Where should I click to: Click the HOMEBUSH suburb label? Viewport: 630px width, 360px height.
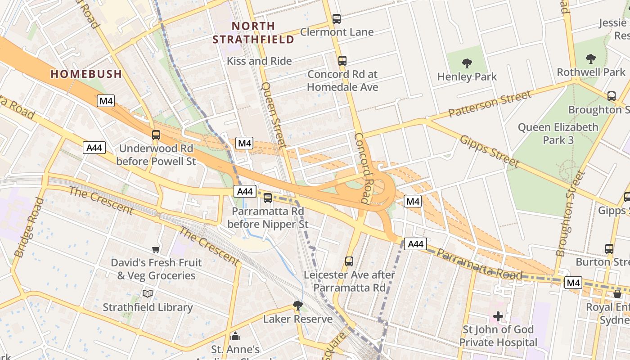(x=86, y=74)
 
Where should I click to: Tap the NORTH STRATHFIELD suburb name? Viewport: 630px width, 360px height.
(x=253, y=33)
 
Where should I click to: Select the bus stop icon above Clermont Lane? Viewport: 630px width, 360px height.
(x=336, y=19)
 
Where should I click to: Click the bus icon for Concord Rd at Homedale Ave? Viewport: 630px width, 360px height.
(x=342, y=61)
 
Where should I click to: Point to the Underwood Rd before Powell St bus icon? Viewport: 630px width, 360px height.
(x=156, y=135)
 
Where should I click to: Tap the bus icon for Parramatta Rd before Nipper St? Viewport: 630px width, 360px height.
(x=268, y=198)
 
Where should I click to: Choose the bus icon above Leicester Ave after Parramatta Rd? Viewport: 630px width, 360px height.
(x=349, y=261)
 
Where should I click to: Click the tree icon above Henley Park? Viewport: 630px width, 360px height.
(x=467, y=64)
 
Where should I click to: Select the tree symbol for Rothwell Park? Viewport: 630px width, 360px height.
(x=590, y=59)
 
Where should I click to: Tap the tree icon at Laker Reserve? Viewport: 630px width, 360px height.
(x=297, y=306)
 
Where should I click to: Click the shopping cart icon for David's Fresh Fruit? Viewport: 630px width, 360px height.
(x=156, y=249)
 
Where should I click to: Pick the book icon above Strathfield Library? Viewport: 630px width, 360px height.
(x=148, y=294)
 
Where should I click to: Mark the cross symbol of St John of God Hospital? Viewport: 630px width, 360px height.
(x=498, y=316)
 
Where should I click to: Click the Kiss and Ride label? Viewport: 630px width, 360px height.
(x=259, y=61)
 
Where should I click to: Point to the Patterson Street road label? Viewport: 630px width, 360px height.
(x=490, y=103)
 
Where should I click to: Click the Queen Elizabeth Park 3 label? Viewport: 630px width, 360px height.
(x=558, y=134)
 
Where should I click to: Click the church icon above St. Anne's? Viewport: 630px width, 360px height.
(x=235, y=337)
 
